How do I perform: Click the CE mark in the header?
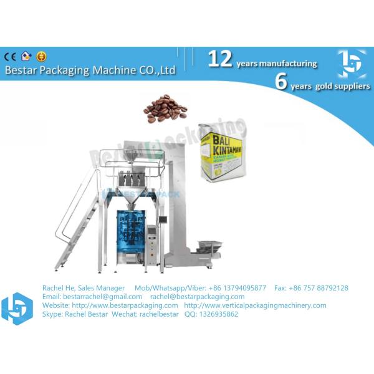pyautogui.click(x=10, y=56)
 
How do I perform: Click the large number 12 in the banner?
pyautogui.click(x=219, y=59)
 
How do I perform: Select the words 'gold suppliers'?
pyautogui.click(x=336, y=85)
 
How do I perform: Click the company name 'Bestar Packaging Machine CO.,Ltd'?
pyautogui.click(x=90, y=70)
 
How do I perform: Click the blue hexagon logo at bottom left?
pyautogui.click(x=16, y=307)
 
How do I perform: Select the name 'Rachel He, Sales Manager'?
pyautogui.click(x=84, y=288)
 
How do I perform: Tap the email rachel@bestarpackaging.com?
pyautogui.click(x=197, y=297)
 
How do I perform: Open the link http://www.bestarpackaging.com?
pyautogui.click(x=125, y=305)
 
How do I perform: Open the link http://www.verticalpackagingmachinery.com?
pyautogui.click(x=256, y=305)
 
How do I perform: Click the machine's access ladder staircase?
pyautogui.click(x=78, y=224)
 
